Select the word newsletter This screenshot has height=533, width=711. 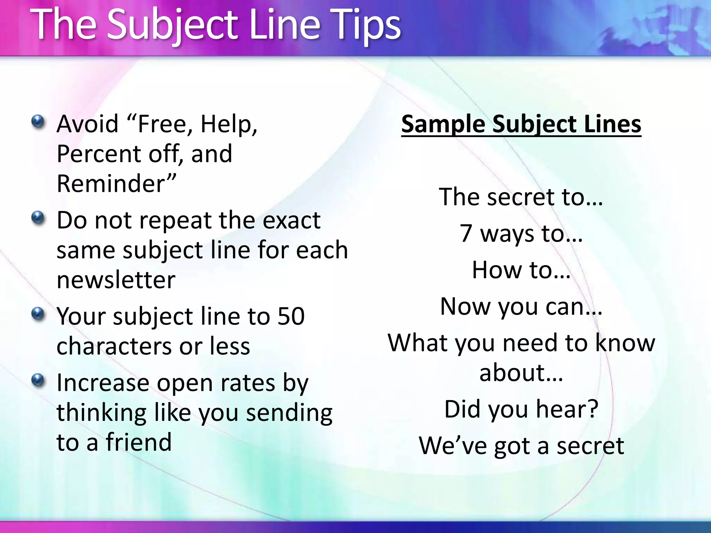pyautogui.click(x=116, y=280)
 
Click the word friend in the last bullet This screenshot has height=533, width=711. pyautogui.click(x=139, y=442)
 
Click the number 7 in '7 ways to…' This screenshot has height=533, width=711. pyautogui.click(x=466, y=233)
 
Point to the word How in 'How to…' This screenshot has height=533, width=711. pyautogui.click(x=497, y=270)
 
